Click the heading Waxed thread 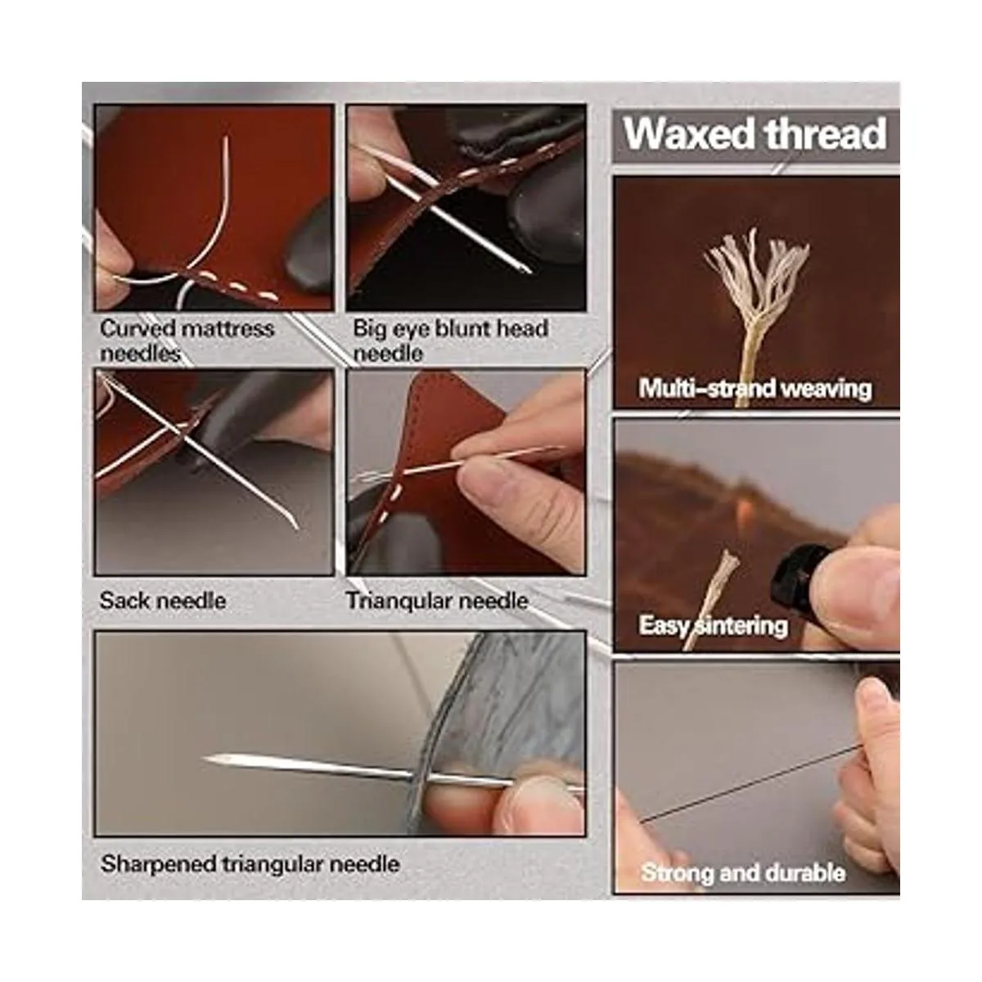(x=755, y=134)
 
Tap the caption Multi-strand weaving (x=755, y=389)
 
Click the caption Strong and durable (x=743, y=873)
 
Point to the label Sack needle (x=163, y=601)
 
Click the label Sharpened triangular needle (x=250, y=864)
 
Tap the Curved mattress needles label (x=187, y=340)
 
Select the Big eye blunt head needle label (x=450, y=340)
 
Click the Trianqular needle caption (x=437, y=601)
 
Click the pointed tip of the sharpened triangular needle (x=205, y=759)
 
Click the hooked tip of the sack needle (x=295, y=526)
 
